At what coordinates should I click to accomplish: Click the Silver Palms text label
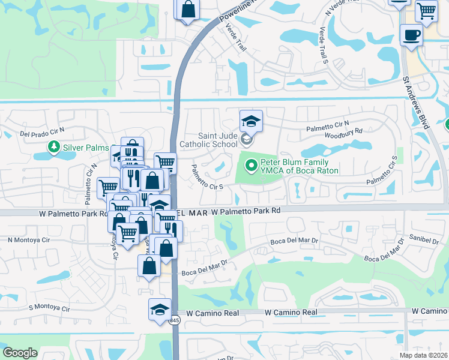(x=86, y=147)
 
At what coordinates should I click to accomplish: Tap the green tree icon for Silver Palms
(x=54, y=146)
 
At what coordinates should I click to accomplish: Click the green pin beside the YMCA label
(x=250, y=163)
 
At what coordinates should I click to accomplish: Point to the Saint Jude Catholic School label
(x=209, y=140)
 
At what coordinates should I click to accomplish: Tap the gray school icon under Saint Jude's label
(x=246, y=140)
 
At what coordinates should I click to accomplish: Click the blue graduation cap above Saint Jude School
(x=251, y=121)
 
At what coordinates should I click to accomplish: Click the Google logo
(x=20, y=352)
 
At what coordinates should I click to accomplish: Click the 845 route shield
(x=173, y=320)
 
